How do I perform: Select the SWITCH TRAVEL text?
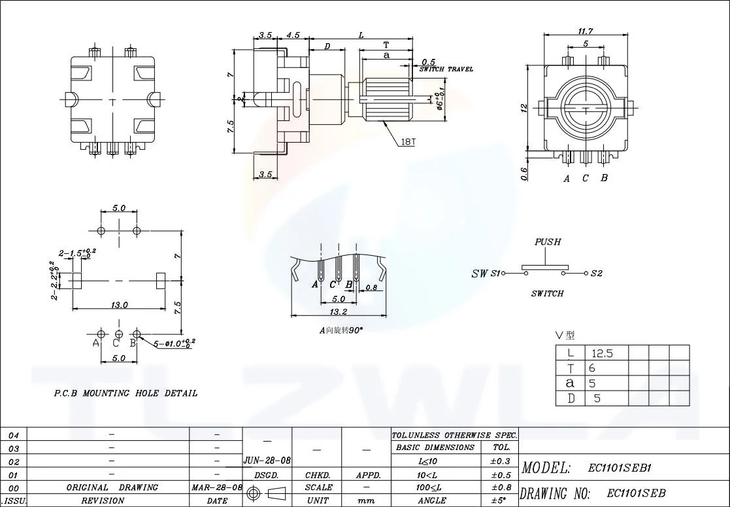[446, 69]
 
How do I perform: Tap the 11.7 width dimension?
[585, 31]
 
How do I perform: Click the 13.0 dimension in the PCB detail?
[119, 304]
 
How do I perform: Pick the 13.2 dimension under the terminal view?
[338, 311]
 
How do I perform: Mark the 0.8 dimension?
[371, 287]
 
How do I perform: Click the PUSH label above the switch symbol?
[548, 242]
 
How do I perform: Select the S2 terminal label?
[596, 273]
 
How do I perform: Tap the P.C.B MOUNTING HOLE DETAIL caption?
[125, 393]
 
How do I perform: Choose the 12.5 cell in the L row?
[601, 353]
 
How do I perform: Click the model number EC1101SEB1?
[620, 468]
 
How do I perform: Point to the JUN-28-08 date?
[267, 461]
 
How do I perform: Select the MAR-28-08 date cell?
[216, 487]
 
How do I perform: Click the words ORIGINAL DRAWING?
[112, 487]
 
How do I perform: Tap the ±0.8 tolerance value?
[500, 487]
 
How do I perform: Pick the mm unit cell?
[366, 500]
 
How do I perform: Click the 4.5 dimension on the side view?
[293, 35]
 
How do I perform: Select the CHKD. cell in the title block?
[316, 475]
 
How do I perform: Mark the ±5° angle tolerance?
[500, 500]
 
